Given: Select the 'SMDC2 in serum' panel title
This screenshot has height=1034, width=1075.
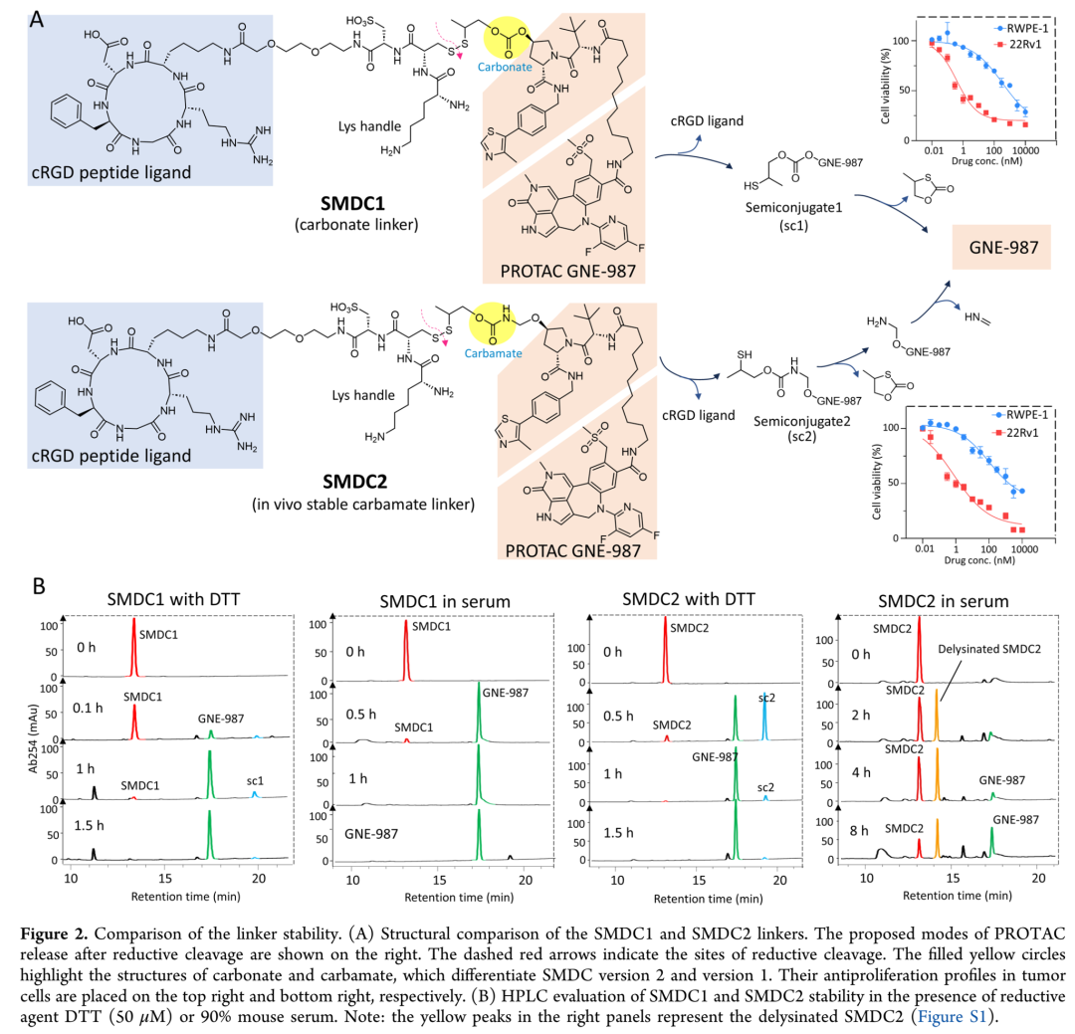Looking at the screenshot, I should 942,600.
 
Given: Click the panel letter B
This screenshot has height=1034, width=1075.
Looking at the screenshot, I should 39,586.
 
